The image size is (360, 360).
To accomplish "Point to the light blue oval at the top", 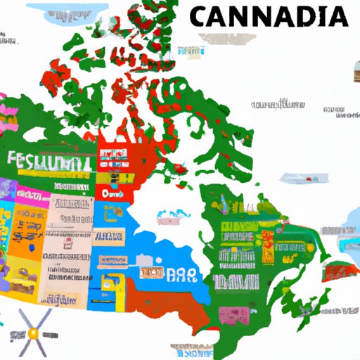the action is pyautogui.click(x=59, y=13).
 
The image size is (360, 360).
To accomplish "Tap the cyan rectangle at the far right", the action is pyautogui.click(x=349, y=243).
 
